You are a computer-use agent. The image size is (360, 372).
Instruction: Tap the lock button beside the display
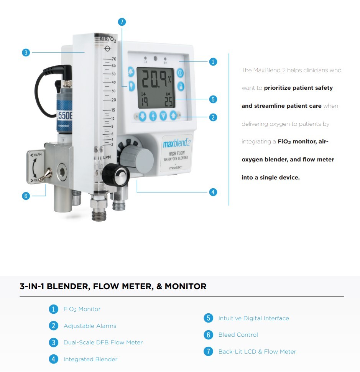[x=180, y=86]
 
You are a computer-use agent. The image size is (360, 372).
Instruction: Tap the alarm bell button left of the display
[x=132, y=72]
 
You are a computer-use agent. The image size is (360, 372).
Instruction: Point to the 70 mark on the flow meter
[x=113, y=59]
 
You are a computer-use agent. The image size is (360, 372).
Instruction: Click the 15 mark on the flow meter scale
[x=113, y=110]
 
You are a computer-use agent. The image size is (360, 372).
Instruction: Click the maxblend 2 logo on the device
[x=177, y=143]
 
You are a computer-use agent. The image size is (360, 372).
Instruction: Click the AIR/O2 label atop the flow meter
[x=107, y=40]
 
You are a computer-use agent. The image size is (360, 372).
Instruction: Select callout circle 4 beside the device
[x=213, y=192]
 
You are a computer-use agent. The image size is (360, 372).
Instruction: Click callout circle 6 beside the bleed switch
[x=26, y=196]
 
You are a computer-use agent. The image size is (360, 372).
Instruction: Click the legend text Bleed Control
[x=238, y=335]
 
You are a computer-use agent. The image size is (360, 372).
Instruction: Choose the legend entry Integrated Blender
[x=90, y=359]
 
